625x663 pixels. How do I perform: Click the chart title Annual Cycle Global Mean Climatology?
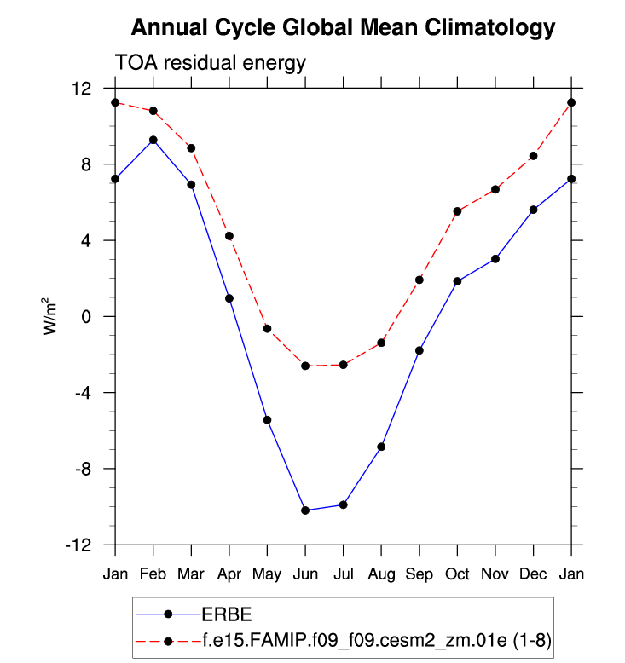(x=343, y=28)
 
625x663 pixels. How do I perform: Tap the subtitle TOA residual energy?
(x=210, y=63)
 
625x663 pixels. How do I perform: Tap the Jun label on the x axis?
(x=305, y=574)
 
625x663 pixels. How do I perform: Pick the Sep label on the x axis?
(x=420, y=574)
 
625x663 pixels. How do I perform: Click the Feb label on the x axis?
(x=153, y=574)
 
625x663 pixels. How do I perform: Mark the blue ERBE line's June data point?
(x=305, y=510)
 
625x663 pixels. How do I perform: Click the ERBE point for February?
(x=153, y=140)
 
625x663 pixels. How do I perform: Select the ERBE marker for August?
(x=381, y=447)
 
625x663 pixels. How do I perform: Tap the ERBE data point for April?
(x=229, y=298)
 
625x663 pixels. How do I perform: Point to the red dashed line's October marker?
(x=457, y=211)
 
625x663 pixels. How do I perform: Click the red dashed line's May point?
(x=267, y=329)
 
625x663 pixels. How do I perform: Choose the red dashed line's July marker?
(x=343, y=365)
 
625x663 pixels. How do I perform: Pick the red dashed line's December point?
(x=533, y=156)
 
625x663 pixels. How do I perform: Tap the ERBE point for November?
(x=495, y=258)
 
